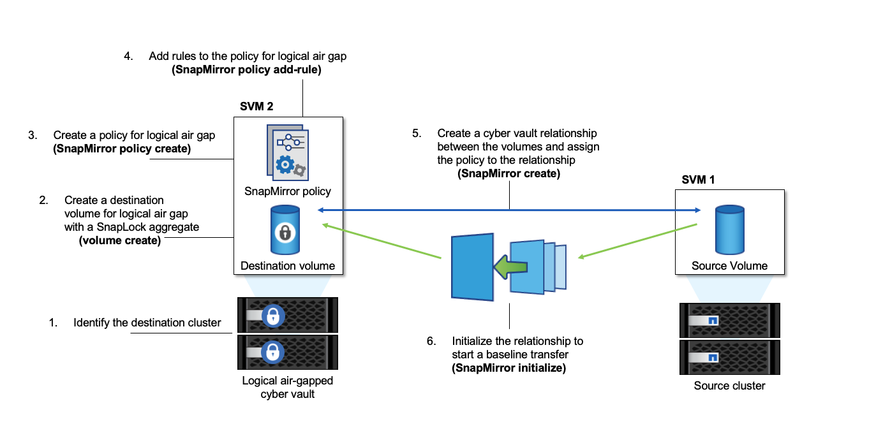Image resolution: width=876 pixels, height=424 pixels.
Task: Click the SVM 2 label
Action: pyautogui.click(x=256, y=106)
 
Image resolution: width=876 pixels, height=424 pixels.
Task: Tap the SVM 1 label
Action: pyautogui.click(x=698, y=180)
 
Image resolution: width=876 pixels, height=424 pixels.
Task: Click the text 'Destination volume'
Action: pyautogui.click(x=288, y=265)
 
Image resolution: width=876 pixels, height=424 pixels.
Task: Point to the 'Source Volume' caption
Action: pyautogui.click(x=729, y=265)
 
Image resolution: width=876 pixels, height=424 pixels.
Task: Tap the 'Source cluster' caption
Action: pyautogui.click(x=729, y=385)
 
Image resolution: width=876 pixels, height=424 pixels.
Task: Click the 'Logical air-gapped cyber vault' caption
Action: pyautogui.click(x=287, y=387)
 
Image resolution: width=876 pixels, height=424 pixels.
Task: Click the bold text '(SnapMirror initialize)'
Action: pyautogui.click(x=509, y=368)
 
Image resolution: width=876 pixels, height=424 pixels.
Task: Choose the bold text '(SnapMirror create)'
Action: pyautogui.click(x=509, y=173)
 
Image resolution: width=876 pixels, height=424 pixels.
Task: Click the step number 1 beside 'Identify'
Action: pyautogui.click(x=54, y=322)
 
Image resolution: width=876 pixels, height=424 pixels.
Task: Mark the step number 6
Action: pyautogui.click(x=431, y=340)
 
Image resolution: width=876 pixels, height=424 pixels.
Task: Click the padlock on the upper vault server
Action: pyautogui.click(x=273, y=316)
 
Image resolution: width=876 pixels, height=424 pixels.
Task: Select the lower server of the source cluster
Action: pyautogui.click(x=729, y=357)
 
